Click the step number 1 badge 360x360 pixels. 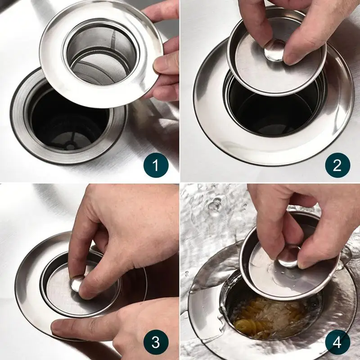[x=156, y=165]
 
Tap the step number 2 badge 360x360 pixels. [x=337, y=165]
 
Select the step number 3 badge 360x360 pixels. [x=156, y=342]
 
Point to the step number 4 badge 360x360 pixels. [x=337, y=342]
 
